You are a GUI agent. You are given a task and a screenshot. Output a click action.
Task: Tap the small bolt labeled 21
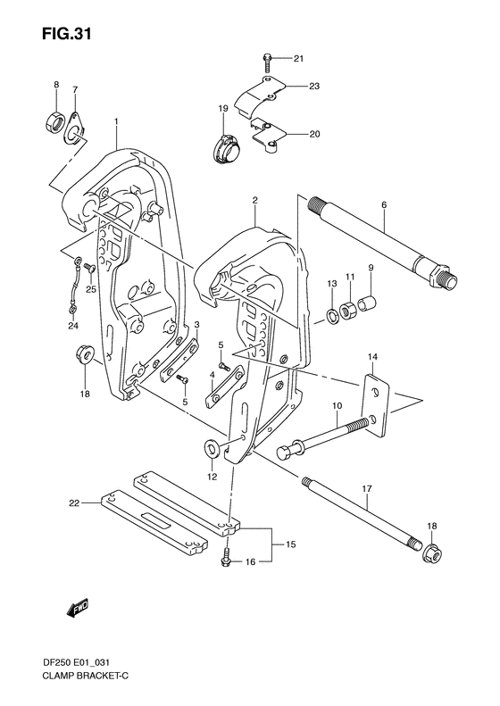(267, 61)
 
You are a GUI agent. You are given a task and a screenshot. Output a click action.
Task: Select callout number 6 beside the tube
(383, 204)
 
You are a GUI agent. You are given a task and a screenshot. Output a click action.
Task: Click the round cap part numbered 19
(223, 147)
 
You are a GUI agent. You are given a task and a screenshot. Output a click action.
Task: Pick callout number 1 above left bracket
(114, 120)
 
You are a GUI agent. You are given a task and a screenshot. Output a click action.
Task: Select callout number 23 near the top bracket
(313, 87)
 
